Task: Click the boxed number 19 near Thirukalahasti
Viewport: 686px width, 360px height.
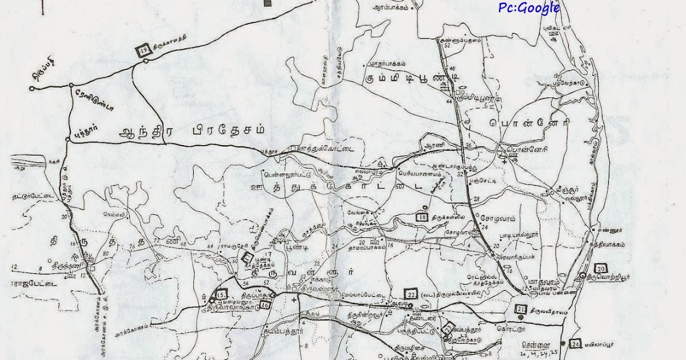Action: click(143, 51)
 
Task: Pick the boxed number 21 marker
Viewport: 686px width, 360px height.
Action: click(521, 310)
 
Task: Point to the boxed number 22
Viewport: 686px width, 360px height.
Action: click(411, 293)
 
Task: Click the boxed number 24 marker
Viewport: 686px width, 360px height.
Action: click(575, 344)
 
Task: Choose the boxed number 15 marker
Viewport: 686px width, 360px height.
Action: click(221, 295)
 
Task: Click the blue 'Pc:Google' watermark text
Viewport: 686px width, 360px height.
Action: click(528, 7)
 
